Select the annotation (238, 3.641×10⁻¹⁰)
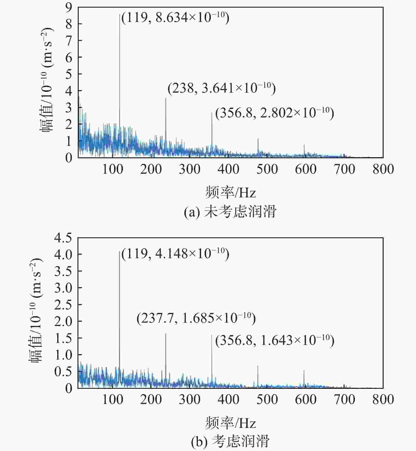tap(222, 88)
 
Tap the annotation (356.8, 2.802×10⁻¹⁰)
tap(275, 113)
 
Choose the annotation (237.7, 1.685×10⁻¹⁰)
tap(196, 318)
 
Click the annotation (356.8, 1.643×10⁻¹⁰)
tap(275, 340)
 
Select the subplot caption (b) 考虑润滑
tap(230, 441)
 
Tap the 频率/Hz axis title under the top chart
tap(231, 193)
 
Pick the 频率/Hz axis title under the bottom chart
tap(231, 423)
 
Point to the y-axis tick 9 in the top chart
tap(69, 8)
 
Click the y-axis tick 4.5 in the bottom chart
tap(63, 238)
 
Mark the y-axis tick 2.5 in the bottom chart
tap(63, 305)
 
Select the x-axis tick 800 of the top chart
tap(383, 169)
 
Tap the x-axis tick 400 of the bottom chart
tap(228, 399)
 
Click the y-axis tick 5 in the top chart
tap(69, 74)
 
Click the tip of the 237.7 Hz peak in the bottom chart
tap(165, 334)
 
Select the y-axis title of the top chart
tap(47, 80)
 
